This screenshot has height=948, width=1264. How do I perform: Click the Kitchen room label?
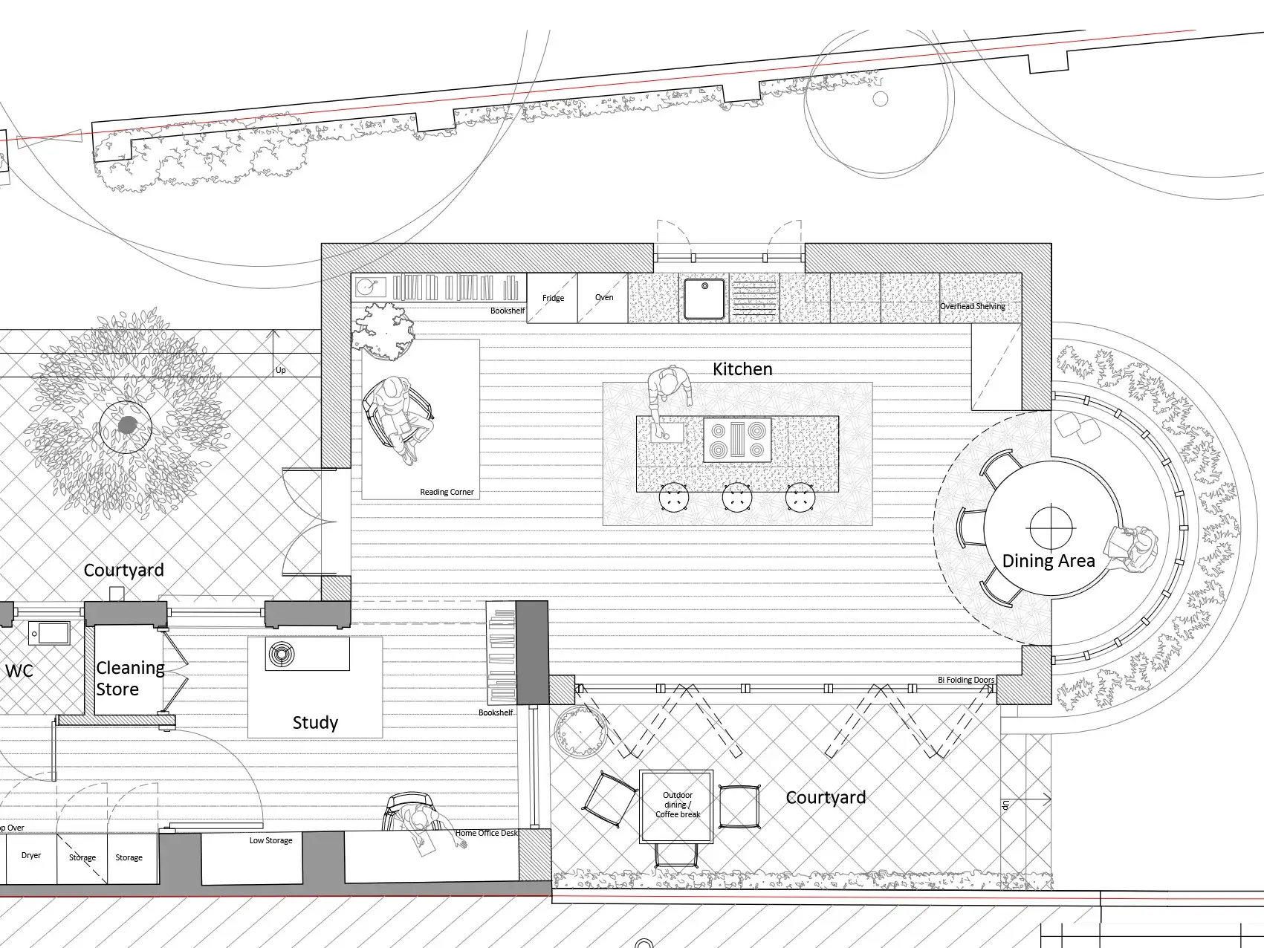[742, 369]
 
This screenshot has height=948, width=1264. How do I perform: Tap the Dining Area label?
[1049, 561]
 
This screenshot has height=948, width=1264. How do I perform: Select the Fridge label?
[553, 298]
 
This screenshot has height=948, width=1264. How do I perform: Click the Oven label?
[604, 297]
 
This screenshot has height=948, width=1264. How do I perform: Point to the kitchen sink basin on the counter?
[704, 298]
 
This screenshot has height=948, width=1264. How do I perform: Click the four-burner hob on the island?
[738, 440]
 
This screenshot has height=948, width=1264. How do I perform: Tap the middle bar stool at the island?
[737, 498]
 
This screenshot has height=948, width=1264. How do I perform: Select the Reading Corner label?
[447, 492]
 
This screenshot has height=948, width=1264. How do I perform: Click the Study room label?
[315, 723]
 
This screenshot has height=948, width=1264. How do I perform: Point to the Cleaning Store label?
[130, 678]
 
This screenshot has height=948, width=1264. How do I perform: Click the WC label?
[19, 672]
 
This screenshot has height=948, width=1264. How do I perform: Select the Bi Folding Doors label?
[966, 680]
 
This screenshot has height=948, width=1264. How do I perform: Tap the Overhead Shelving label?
[973, 306]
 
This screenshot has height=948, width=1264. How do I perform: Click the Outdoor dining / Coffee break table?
[677, 806]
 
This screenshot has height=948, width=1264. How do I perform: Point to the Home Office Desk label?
[487, 833]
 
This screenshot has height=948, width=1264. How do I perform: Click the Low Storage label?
[270, 840]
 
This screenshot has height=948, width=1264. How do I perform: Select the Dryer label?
[31, 855]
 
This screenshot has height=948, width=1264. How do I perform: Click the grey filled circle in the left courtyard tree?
[128, 426]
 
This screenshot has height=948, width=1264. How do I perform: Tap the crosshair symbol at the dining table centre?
[1051, 527]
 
